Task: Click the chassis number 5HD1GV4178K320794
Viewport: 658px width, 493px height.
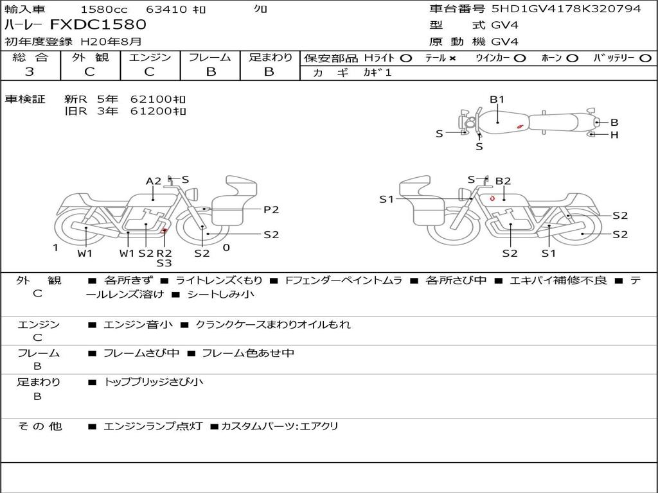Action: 567,8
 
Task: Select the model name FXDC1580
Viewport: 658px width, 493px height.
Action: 98,25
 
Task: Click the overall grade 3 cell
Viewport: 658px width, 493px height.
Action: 30,72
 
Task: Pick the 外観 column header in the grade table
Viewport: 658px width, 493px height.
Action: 90,57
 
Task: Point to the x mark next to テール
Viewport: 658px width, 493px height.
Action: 452,58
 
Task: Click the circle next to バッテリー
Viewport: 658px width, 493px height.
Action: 645,58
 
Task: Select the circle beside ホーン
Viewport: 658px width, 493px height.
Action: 572,58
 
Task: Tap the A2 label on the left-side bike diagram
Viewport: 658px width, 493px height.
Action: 153,181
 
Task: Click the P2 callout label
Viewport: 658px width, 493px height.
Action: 271,210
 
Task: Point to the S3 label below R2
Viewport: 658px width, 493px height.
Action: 164,263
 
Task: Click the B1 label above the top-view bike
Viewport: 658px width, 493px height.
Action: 497,99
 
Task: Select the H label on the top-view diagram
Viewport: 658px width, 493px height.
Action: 614,135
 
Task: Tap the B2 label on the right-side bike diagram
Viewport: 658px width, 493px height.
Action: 503,181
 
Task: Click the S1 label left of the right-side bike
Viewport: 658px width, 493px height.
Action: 386,200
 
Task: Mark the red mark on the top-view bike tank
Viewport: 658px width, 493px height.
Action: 520,126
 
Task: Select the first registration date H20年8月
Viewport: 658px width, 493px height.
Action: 111,42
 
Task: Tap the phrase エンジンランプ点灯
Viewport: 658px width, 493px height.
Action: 153,426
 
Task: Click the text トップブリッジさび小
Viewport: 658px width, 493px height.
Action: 153,382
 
